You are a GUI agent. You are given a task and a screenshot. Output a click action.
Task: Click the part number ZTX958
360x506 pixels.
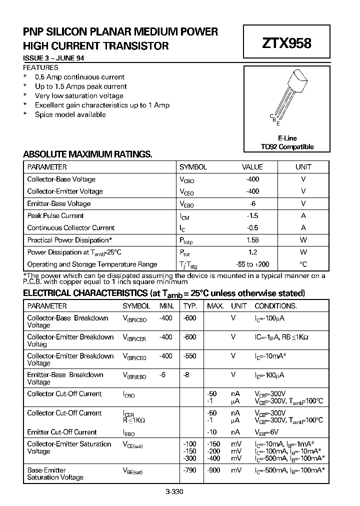click(x=286, y=43)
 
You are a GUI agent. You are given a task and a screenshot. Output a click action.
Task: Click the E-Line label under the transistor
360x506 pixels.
click(x=287, y=138)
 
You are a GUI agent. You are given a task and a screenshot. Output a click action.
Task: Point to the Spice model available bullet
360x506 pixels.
click(x=70, y=114)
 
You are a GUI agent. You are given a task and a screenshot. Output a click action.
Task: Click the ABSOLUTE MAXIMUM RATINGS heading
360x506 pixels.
click(x=87, y=154)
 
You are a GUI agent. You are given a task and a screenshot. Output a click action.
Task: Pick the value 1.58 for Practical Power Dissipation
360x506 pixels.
click(x=252, y=240)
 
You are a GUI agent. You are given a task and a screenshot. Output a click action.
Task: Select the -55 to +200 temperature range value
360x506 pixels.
click(x=252, y=264)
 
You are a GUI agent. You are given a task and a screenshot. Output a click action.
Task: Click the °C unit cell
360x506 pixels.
click(x=303, y=264)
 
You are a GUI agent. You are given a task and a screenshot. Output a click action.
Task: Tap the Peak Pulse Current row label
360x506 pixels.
click(x=55, y=216)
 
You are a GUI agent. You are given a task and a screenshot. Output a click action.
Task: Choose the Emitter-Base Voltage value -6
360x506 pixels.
click(x=252, y=203)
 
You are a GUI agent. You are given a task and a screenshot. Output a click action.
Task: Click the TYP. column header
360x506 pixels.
click(x=190, y=306)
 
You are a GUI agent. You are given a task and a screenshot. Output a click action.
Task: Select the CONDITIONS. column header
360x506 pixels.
click(x=275, y=306)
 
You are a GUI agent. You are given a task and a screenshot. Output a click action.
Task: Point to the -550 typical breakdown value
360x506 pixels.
click(x=189, y=356)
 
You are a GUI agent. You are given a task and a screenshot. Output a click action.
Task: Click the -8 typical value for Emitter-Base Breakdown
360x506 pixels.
click(x=186, y=375)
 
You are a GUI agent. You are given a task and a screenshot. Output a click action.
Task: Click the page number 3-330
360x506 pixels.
click(x=175, y=491)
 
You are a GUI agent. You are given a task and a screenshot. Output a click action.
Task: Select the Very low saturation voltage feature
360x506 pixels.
click(x=79, y=95)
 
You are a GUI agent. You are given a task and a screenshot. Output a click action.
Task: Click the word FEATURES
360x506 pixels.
click(x=40, y=67)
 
